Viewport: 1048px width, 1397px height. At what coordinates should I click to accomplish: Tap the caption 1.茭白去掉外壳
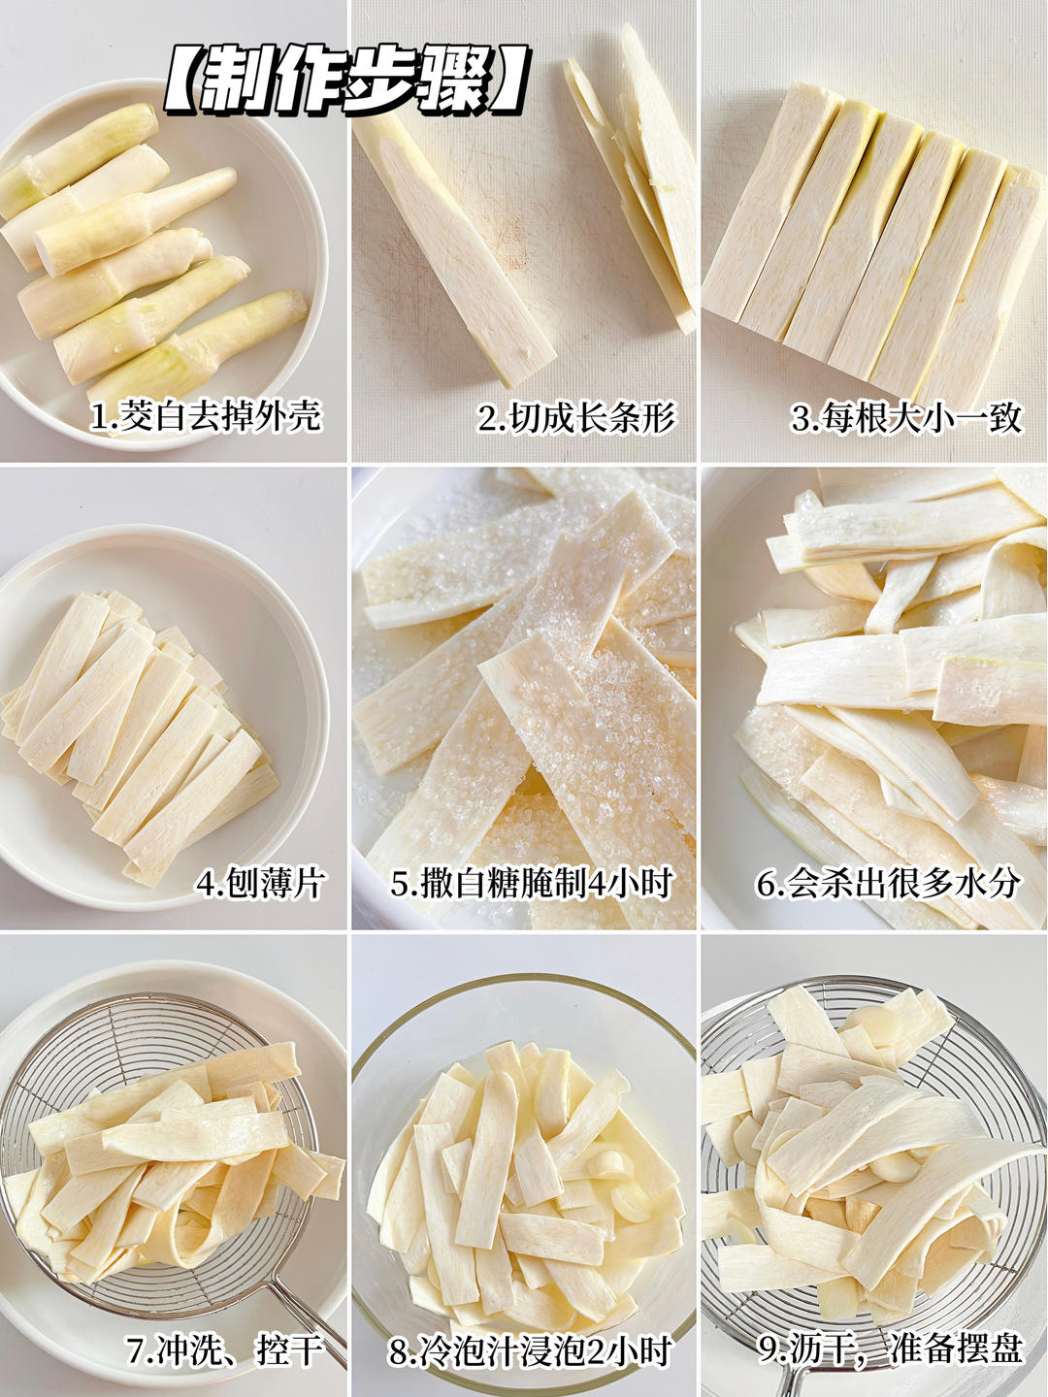205,417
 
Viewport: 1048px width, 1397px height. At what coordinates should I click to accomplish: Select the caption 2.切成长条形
576,418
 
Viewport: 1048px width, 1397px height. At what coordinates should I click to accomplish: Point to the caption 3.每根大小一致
906,418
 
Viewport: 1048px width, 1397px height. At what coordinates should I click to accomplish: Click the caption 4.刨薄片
260,884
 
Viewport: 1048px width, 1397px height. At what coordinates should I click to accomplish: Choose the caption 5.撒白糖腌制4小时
532,884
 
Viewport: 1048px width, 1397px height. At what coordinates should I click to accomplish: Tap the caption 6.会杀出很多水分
889,884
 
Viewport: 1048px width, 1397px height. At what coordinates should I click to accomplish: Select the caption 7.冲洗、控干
224,1349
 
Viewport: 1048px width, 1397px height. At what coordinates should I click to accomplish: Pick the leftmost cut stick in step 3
757,204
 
